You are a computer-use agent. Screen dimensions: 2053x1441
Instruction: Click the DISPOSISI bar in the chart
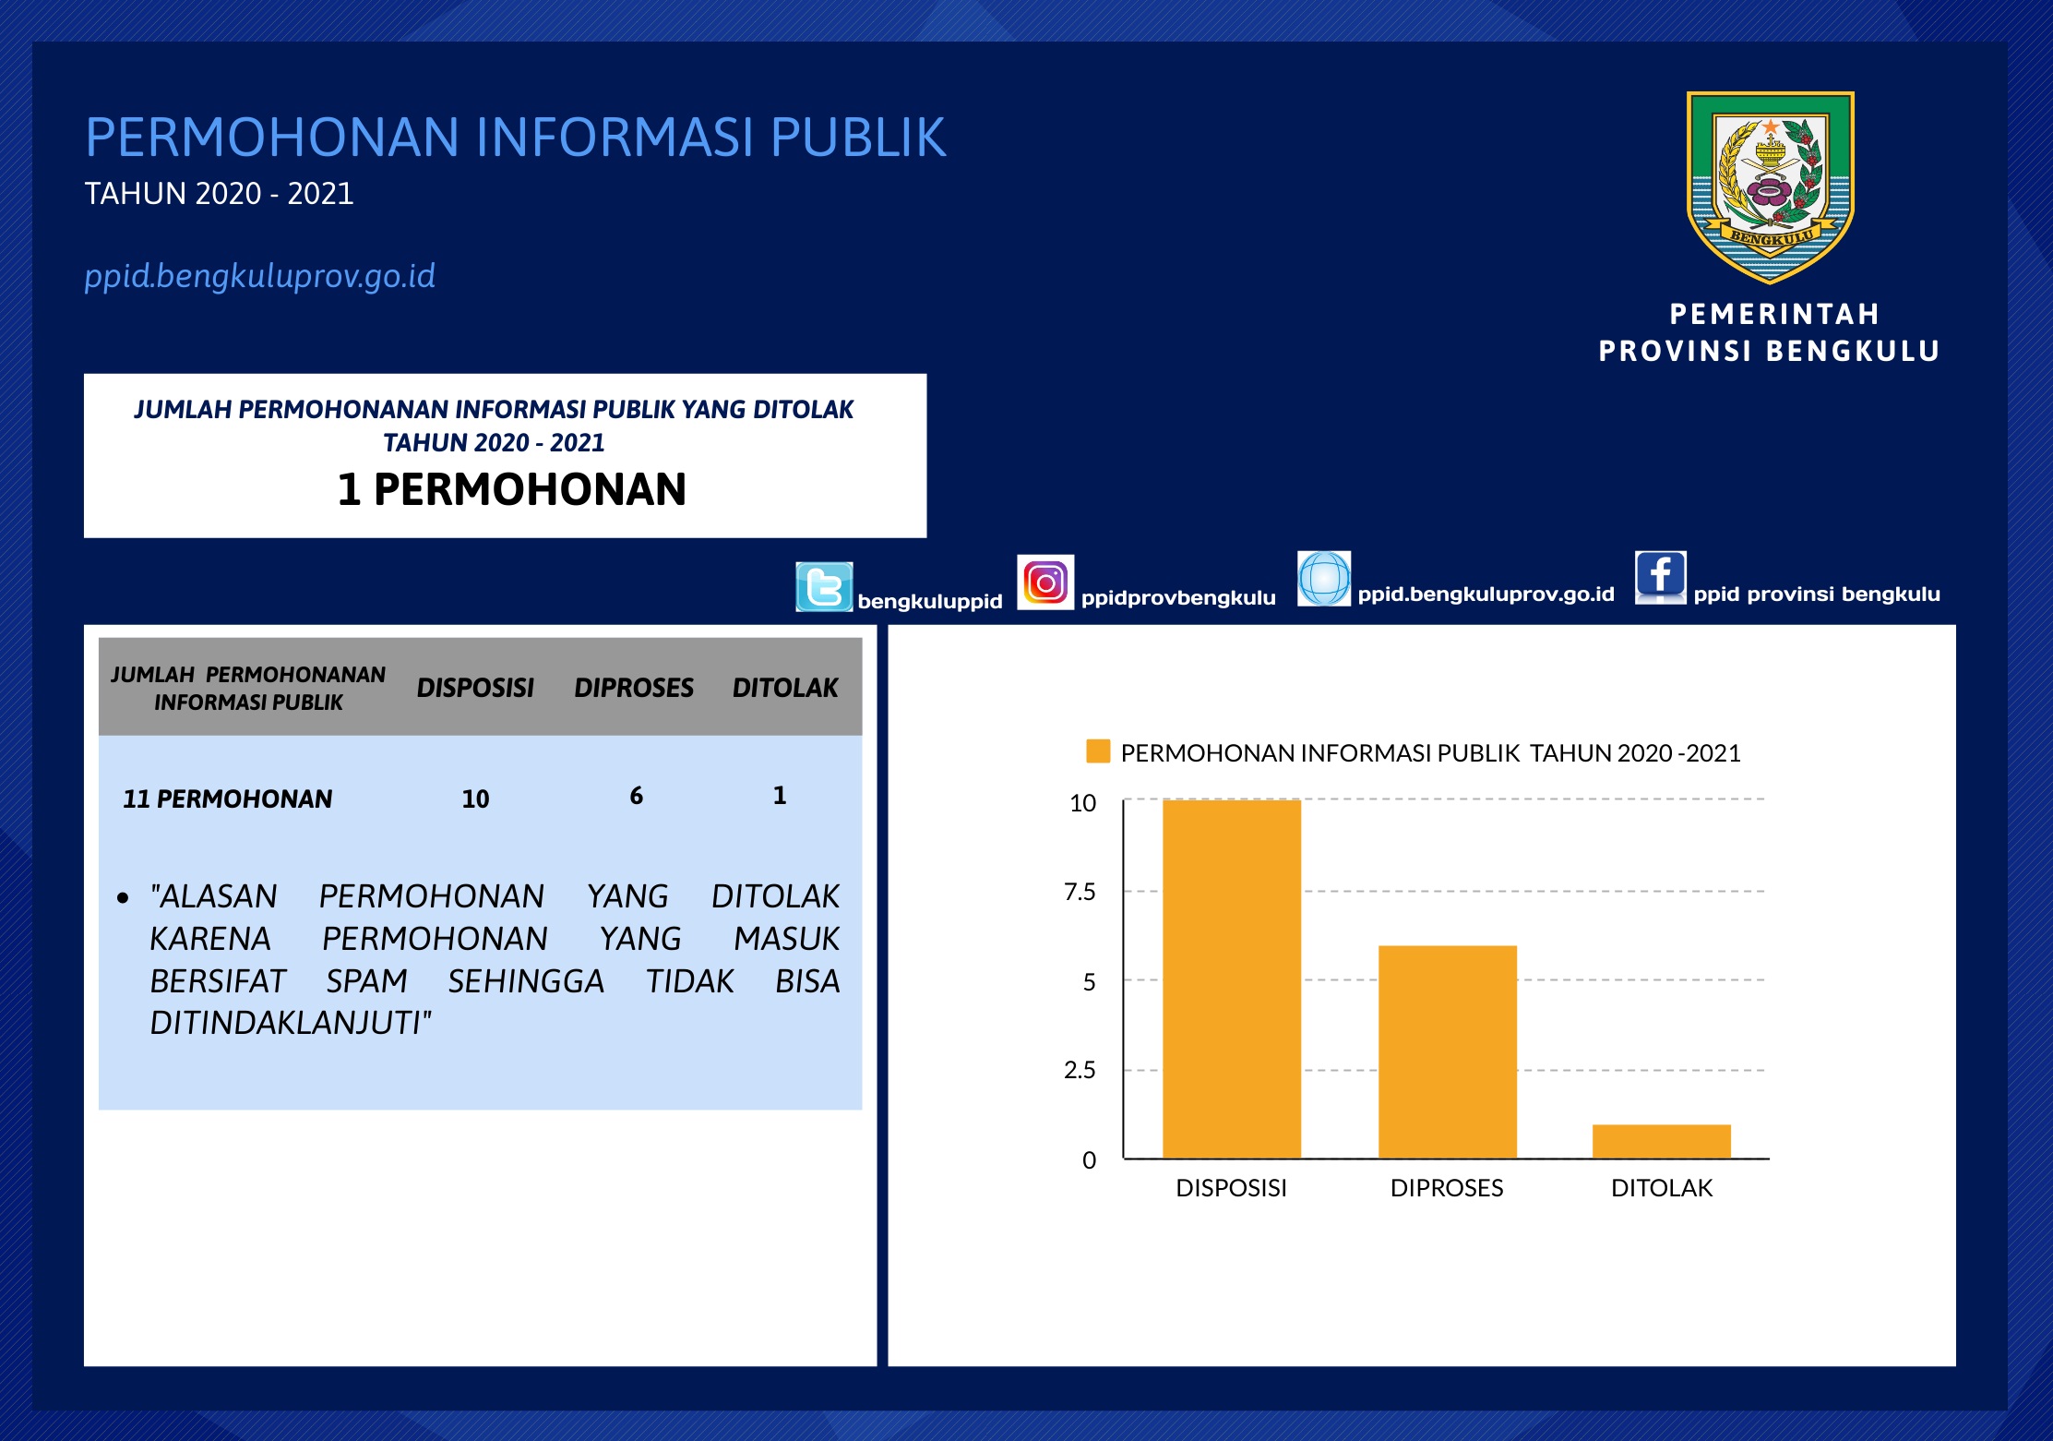pos(1232,979)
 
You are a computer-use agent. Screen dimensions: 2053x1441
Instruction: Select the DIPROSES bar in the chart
pos(1448,1051)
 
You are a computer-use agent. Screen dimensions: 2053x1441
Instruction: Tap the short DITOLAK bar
pos(1662,1141)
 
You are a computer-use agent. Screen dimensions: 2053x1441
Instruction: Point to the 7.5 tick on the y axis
pos(1080,892)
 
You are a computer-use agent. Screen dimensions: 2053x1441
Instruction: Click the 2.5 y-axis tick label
pos(1080,1070)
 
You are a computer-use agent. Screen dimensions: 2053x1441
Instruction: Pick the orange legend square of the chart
pos(1098,751)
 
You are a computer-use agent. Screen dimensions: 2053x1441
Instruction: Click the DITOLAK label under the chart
pos(1662,1188)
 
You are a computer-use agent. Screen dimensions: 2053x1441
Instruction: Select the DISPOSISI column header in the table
pos(475,688)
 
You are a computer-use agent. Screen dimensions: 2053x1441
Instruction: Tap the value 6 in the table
pos(636,796)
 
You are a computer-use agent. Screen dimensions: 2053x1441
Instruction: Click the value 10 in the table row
pos(475,799)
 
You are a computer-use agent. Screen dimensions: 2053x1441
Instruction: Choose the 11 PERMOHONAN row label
pos(227,799)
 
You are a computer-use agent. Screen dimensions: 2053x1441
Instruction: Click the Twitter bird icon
pos(824,587)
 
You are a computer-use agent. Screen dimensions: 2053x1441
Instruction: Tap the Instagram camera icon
pos(1045,582)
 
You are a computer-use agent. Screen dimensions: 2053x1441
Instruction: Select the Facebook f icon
pos(1660,578)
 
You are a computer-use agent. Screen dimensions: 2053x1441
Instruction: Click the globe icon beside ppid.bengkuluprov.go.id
pos(1324,579)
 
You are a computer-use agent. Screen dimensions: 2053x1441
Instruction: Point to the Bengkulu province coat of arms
pos(1771,187)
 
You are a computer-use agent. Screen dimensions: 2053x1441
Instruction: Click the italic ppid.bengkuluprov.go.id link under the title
pos(259,276)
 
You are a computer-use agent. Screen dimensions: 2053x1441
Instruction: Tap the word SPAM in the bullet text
pos(366,980)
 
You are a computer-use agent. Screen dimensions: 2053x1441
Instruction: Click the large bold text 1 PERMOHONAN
pos(512,489)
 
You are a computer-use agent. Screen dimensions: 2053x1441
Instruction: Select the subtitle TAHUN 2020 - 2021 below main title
pos(219,193)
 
